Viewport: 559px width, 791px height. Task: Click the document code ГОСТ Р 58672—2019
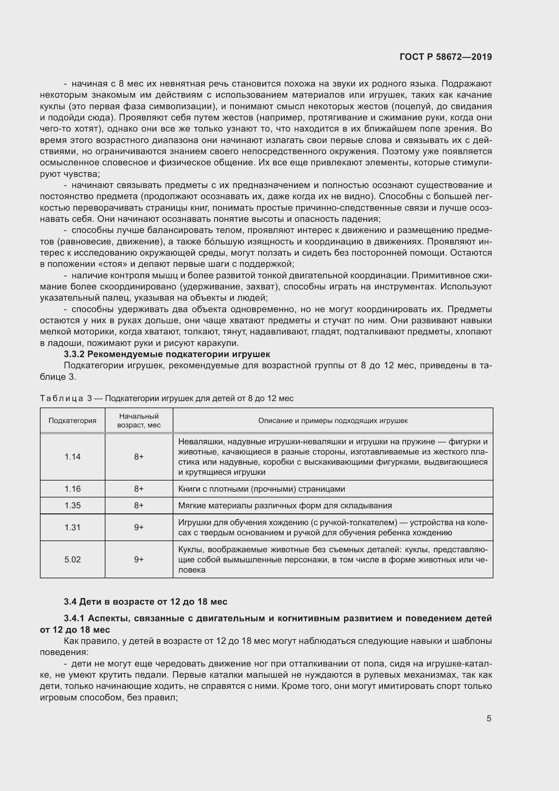coord(445,57)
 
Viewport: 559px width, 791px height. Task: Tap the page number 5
coord(489,718)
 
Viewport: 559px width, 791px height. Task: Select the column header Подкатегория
coord(72,420)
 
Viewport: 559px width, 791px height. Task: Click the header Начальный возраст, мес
coord(139,420)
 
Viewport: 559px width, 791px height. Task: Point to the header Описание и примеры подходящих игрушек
coord(333,420)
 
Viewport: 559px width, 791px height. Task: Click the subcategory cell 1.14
coord(72,457)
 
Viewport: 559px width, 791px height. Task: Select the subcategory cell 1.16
coord(72,489)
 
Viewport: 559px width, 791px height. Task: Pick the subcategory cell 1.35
coord(72,505)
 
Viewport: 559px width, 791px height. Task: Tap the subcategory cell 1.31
coord(72,527)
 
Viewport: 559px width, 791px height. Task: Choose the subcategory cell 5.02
coord(72,559)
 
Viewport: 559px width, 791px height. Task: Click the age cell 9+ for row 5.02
coord(139,559)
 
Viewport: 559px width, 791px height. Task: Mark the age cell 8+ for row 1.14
coord(139,457)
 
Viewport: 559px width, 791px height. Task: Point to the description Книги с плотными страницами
coord(261,489)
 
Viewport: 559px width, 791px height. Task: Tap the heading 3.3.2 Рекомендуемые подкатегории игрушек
coord(167,354)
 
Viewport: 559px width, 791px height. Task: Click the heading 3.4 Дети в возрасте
coord(146,602)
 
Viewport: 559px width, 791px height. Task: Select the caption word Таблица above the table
coord(62,398)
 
